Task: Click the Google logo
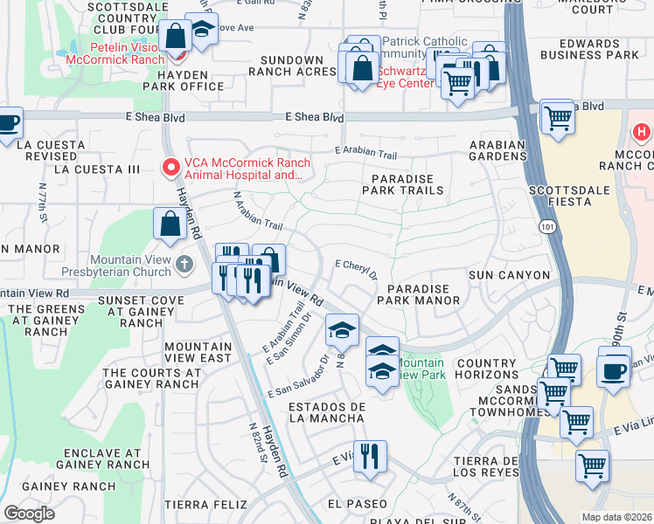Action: click(29, 514)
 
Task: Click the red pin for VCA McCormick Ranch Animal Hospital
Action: click(170, 166)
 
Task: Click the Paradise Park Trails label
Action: click(398, 183)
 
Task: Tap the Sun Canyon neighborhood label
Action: click(510, 275)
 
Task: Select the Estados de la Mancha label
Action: click(326, 412)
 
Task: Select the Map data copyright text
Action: click(616, 517)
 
